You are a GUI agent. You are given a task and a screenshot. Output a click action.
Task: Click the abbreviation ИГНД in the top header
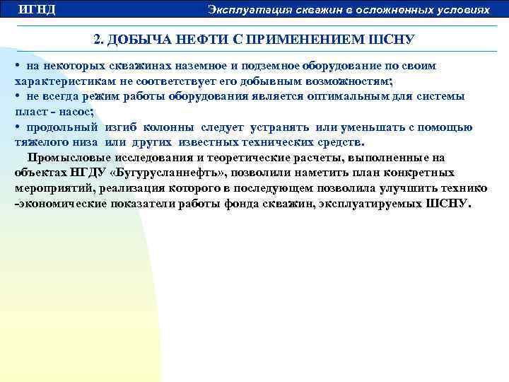pos(37,9)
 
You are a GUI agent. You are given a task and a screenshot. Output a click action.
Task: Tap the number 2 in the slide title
pos(98,39)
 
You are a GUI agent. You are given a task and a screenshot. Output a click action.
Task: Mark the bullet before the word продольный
pos(17,127)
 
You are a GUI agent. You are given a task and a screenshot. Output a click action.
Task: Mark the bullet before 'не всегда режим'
pos(17,96)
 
